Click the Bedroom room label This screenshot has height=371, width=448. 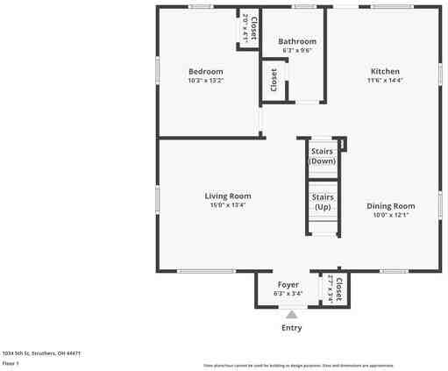pyautogui.click(x=205, y=71)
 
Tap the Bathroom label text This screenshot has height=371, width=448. pyautogui.click(x=297, y=41)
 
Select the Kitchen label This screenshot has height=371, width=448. pyautogui.click(x=385, y=71)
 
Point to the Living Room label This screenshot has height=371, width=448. pyautogui.click(x=228, y=196)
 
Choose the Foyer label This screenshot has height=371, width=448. pyautogui.click(x=288, y=285)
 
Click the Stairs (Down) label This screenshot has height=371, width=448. pyautogui.click(x=323, y=156)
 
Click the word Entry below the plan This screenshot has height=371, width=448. pyautogui.click(x=292, y=328)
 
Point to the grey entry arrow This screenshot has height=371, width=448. pyautogui.click(x=292, y=314)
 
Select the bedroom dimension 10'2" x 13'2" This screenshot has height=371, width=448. pyautogui.click(x=206, y=81)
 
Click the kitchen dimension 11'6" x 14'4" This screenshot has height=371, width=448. pyautogui.click(x=385, y=81)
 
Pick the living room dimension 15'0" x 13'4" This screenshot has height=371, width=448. pyautogui.click(x=228, y=205)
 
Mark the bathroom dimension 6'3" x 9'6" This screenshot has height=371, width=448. pyautogui.click(x=296, y=50)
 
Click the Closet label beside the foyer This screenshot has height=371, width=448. pyautogui.click(x=338, y=288)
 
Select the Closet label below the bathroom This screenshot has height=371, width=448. pyautogui.click(x=274, y=80)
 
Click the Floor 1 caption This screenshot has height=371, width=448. pyautogui.click(x=11, y=362)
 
